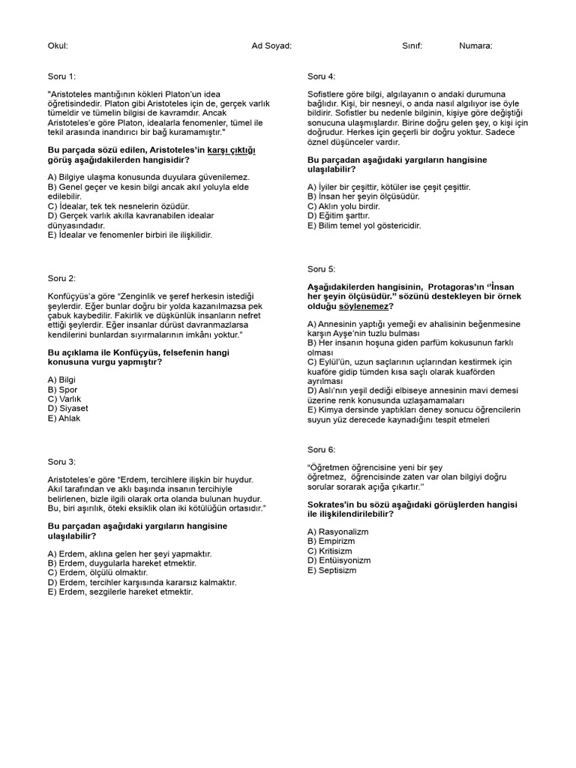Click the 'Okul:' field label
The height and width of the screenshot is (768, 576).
(x=58, y=46)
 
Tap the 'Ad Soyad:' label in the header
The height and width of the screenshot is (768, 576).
(x=271, y=46)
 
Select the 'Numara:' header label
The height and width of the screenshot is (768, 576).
(x=475, y=46)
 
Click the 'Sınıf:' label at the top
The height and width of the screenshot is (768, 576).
(x=412, y=46)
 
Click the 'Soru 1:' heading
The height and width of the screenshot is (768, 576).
(x=61, y=76)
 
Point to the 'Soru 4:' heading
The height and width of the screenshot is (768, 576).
(x=322, y=76)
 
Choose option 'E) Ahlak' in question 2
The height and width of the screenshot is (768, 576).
(x=64, y=418)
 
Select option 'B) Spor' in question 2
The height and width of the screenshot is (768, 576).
(x=62, y=390)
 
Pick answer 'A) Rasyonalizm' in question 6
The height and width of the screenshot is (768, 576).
(x=338, y=531)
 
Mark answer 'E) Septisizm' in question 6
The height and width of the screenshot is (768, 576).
(x=332, y=570)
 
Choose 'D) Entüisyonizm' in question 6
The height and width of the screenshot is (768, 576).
(x=339, y=560)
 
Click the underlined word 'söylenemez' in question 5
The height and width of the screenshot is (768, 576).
(x=367, y=307)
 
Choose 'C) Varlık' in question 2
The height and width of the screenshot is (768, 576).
(x=64, y=399)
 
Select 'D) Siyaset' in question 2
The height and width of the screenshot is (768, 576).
(x=67, y=409)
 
